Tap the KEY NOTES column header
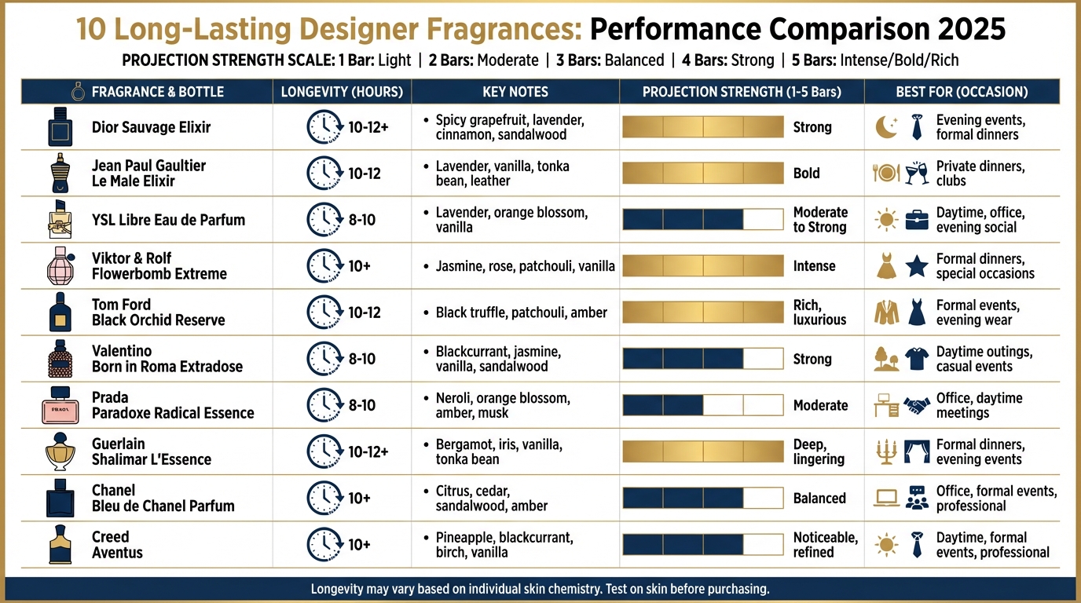point(515,92)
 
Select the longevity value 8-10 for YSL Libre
point(362,220)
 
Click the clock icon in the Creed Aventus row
point(323,545)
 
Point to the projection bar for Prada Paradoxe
point(703,405)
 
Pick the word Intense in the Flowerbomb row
point(814,266)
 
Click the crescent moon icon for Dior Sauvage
point(887,127)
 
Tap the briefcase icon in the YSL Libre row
point(917,220)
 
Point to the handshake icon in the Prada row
point(917,405)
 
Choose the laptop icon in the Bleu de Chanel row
point(887,498)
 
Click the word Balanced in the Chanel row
point(819,498)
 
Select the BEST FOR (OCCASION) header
point(962,92)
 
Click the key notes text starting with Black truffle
point(521,312)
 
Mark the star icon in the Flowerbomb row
point(917,266)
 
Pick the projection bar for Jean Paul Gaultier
point(703,174)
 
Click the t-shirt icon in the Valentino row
point(917,359)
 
